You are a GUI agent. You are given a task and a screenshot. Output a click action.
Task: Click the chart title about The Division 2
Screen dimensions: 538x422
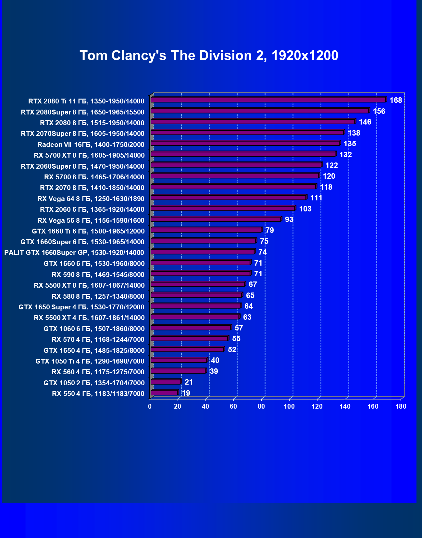point(209,55)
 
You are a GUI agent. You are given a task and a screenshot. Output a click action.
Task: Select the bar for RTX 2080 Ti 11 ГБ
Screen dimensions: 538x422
point(268,100)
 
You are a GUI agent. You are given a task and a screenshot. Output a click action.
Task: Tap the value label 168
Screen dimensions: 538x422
point(396,100)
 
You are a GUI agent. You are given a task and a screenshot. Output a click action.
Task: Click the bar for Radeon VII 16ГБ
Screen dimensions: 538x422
point(245,143)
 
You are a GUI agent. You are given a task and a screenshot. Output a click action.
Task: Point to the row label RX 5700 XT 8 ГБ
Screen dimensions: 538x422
point(89,155)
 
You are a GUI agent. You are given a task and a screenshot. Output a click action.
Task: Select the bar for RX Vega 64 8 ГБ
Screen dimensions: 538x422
point(228,197)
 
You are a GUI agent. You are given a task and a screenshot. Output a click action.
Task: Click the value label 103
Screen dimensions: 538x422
point(305,209)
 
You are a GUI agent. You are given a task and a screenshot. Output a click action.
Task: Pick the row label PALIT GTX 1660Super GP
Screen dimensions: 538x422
point(74,253)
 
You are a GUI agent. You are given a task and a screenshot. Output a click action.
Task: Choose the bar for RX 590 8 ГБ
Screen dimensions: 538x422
point(200,273)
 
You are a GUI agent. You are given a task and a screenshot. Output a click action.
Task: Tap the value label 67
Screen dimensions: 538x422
point(253,285)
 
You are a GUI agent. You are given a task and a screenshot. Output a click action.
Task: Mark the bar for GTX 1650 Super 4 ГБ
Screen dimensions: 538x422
point(195,306)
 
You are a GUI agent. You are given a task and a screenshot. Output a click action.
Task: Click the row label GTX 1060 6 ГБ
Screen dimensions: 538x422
point(94,329)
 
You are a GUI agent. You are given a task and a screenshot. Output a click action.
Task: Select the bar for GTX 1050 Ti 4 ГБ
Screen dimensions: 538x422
point(179,360)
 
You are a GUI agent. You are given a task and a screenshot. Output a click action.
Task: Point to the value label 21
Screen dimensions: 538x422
point(189,382)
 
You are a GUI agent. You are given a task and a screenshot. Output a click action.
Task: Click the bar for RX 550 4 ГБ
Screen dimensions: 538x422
point(164,393)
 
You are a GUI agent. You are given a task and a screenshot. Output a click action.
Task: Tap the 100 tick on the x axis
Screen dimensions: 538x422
point(289,406)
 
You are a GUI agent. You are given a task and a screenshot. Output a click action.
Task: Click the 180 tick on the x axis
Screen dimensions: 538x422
point(401,406)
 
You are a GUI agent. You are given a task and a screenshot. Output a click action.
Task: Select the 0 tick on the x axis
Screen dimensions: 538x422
point(150,406)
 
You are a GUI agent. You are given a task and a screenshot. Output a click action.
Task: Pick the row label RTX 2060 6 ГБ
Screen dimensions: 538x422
point(92,209)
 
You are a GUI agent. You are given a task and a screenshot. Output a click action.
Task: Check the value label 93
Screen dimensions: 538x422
point(289,220)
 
